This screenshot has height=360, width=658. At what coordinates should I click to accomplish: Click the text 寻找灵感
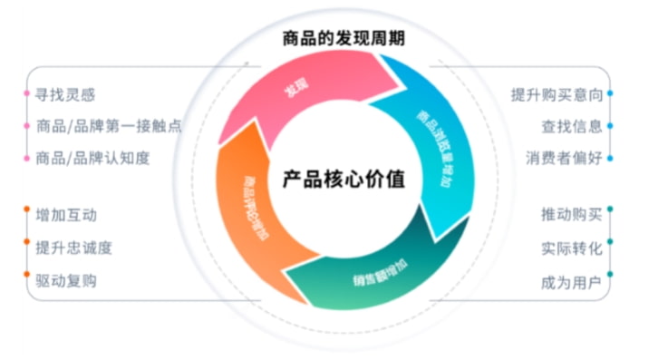pos(65,93)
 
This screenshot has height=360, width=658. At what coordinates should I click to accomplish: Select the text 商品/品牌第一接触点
pos(108,126)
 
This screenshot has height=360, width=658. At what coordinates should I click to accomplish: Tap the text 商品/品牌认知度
pos(92,158)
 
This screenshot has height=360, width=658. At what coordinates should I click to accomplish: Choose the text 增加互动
pos(66,216)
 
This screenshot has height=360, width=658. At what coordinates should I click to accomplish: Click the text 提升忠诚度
pos(73,248)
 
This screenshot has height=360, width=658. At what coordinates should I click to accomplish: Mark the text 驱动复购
pos(66,280)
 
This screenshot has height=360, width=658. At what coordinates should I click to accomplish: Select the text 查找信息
pos(572,126)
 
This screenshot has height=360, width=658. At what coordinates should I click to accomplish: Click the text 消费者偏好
pos(564,158)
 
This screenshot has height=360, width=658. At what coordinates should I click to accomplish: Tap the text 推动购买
pos(572,216)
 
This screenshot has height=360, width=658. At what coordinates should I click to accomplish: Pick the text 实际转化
pos(572,248)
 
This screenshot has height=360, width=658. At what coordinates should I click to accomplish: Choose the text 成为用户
pos(572,280)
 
